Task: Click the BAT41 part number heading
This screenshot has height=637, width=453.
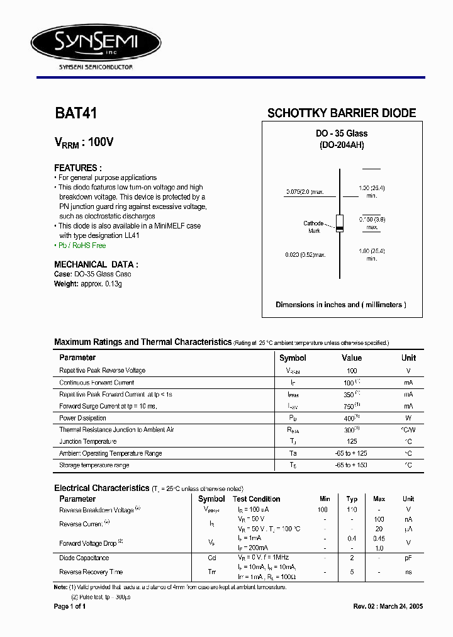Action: pos(75,113)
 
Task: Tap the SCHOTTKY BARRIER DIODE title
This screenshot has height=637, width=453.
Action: pos(342,113)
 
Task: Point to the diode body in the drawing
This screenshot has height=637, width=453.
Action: pos(340,223)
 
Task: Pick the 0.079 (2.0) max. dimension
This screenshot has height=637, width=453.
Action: pos(305,191)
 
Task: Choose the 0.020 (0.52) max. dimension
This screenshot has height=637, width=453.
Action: pos(305,254)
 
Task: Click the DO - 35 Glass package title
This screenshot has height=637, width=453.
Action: pos(342,133)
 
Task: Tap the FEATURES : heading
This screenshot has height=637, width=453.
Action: pos(78,168)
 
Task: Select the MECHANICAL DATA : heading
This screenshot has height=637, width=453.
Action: pos(96,264)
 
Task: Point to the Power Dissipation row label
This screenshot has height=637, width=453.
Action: pos(82,418)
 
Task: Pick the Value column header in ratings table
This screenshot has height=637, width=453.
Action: pos(351,358)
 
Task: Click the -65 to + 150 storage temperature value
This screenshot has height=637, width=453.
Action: pos(351,465)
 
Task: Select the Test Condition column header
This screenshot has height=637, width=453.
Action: pos(256,499)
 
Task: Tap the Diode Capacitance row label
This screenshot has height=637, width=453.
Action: pos(84,558)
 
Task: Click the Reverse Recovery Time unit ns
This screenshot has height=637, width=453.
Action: pos(408,572)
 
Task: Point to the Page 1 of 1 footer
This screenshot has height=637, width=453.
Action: pos(70,606)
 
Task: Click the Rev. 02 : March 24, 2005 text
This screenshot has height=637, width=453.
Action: pos(388,606)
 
